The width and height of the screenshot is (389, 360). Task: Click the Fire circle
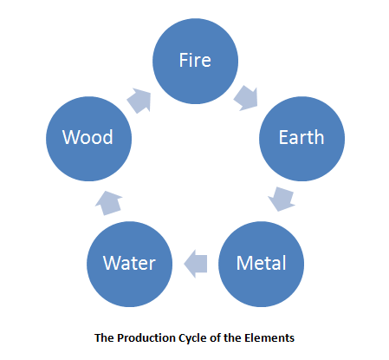pos(195,61)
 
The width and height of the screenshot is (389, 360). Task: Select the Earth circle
pos(301,139)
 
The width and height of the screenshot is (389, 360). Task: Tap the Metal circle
pos(261,264)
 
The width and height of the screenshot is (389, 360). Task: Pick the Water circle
pos(129,264)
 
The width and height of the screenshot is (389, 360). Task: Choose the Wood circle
pos(88,139)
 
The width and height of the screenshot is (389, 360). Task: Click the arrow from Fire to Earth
pos(246,98)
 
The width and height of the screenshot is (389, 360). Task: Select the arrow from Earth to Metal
pos(282,199)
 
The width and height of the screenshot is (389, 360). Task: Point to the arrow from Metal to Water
pos(196,264)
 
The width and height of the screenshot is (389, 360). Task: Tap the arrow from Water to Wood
pos(109,203)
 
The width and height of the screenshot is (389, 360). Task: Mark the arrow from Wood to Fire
pos(139,101)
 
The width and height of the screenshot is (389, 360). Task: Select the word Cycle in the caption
pos(193,338)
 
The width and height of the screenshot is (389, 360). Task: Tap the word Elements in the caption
pos(269,337)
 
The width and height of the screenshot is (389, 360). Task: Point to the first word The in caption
pos(104,337)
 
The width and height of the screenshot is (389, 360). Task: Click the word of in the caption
pos(215,337)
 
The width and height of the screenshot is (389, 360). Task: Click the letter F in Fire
pos(184,60)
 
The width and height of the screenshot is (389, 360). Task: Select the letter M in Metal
pos(244,263)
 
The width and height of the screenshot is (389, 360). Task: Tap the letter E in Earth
pos(283,137)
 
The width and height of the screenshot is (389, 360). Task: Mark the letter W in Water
pos(113,263)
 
